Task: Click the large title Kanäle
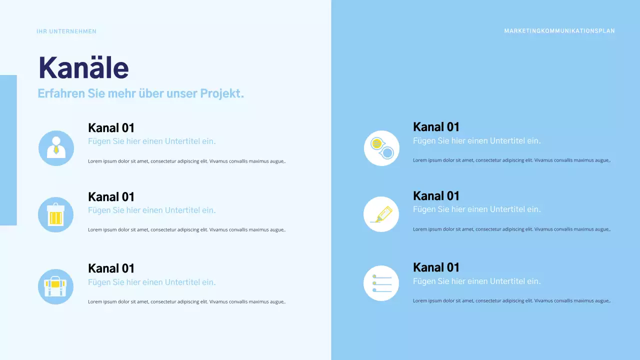tap(83, 67)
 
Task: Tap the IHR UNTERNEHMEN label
tap(66, 31)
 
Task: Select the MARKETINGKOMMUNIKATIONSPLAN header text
tap(559, 31)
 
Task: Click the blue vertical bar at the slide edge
tap(8, 150)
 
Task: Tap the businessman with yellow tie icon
tap(56, 148)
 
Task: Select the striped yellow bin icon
tap(55, 215)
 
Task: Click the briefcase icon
tap(55, 286)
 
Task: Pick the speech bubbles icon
tap(381, 148)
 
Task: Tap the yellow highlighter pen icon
tap(381, 214)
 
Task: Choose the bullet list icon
tap(381, 283)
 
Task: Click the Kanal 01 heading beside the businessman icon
tap(111, 128)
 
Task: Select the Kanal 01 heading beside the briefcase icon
tap(111, 268)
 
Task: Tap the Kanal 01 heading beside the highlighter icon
tap(436, 196)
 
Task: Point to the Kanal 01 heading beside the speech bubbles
tap(436, 127)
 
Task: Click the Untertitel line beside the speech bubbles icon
tap(476, 141)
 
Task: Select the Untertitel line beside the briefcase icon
tap(151, 282)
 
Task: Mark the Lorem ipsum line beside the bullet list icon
tap(511, 301)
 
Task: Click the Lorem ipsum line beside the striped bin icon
tap(186, 230)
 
